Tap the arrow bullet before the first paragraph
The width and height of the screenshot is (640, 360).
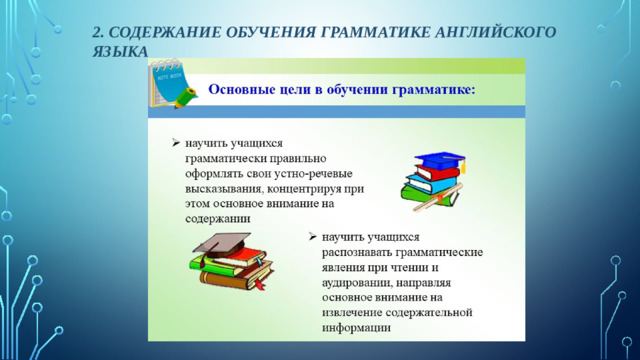click(x=175, y=143)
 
